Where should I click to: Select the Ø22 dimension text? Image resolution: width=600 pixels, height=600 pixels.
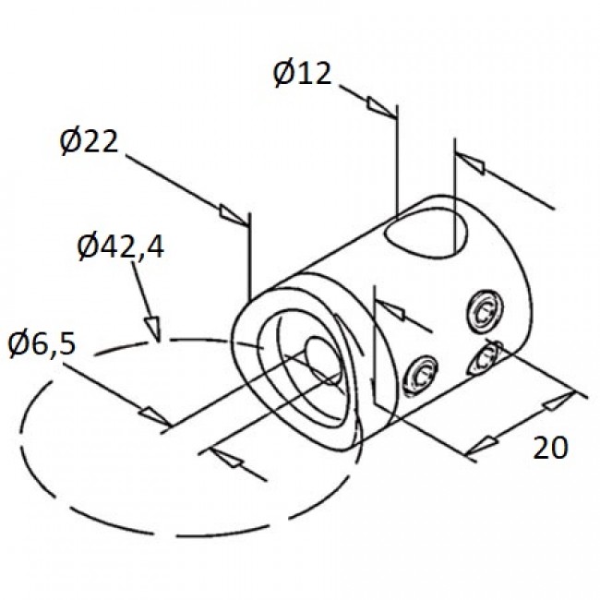coord(90,142)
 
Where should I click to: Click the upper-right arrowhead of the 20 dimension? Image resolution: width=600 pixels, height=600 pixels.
coord(557,402)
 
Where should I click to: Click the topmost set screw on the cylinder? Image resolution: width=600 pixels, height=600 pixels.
coord(484,310)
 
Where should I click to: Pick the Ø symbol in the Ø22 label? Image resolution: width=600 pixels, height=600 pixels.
coord(70,142)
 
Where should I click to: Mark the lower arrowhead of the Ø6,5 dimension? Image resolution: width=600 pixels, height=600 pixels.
coord(227,459)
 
